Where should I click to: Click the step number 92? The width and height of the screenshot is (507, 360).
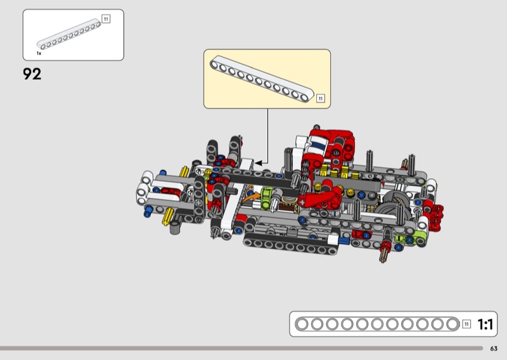[x=32, y=74]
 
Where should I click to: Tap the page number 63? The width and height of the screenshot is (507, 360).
[x=494, y=349]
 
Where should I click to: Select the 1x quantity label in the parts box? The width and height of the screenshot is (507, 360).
[x=39, y=53]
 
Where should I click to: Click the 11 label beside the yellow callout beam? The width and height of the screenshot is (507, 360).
[x=320, y=98]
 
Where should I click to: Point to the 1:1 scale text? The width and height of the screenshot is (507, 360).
[x=485, y=324]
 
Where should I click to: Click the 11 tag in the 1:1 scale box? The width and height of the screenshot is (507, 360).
[x=466, y=324]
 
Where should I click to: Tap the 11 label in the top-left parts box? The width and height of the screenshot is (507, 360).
[x=106, y=19]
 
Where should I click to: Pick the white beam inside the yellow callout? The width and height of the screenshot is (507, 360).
[x=262, y=79]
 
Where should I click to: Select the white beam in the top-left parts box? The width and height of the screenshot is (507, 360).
[x=68, y=34]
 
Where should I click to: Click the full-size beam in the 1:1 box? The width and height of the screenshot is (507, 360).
[x=377, y=324]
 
